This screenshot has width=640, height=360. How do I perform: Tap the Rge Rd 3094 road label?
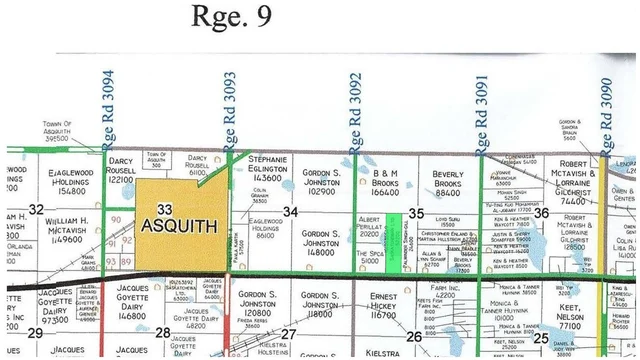109,107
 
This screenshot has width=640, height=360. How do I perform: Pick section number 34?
290,211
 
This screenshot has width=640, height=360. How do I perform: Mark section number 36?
541,212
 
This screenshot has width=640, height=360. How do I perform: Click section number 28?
163,331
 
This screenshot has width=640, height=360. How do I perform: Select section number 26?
413,337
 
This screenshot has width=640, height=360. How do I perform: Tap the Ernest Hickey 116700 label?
384,307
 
